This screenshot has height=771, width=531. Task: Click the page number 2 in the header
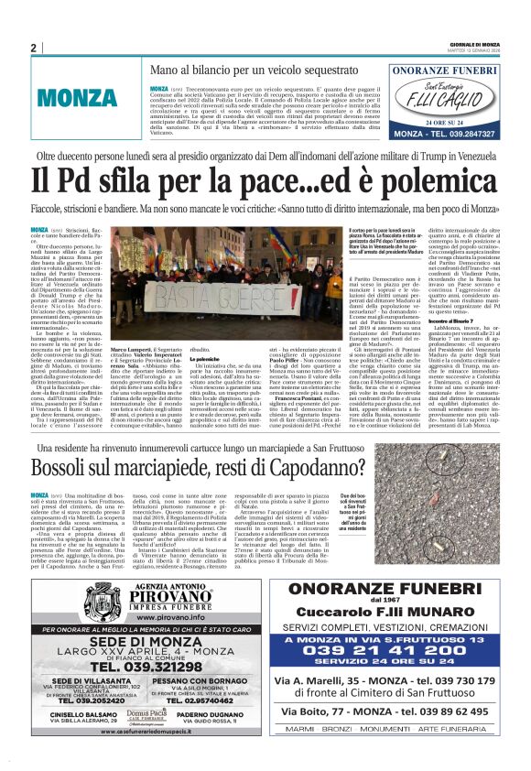[33, 48]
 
